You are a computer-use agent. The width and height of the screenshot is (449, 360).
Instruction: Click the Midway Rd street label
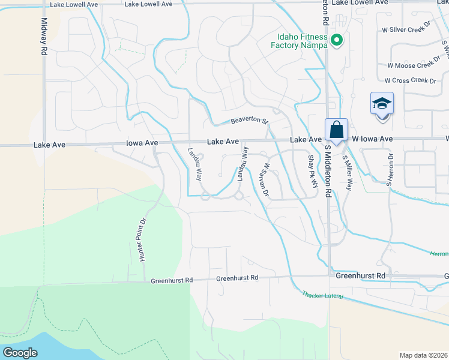(44, 37)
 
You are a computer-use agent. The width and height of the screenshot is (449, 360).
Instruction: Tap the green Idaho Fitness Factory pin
(337, 41)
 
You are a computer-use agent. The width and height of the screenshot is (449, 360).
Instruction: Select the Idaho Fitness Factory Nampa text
(299, 41)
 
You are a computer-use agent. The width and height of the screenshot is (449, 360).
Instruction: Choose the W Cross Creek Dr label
(410, 80)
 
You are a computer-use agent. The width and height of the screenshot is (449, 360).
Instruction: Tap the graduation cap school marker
(382, 104)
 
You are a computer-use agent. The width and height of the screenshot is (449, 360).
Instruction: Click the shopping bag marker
(337, 130)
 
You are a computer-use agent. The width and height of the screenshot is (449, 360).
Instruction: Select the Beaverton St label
(249, 121)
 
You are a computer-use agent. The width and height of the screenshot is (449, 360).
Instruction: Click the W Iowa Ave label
(372, 139)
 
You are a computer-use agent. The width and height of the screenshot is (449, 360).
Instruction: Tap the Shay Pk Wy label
(312, 172)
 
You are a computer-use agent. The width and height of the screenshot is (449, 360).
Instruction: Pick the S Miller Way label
(346, 173)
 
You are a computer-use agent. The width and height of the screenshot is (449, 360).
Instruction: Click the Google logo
(20, 352)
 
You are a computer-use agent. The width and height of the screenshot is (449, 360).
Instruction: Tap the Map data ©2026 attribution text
(423, 355)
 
